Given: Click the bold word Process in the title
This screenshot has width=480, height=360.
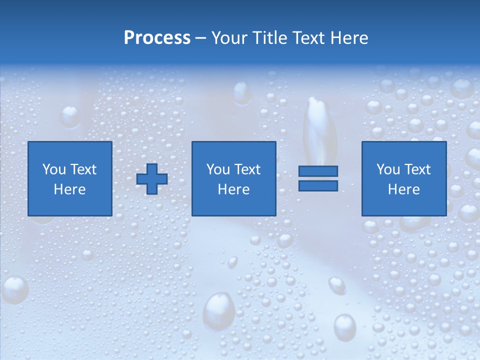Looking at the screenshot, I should click(x=157, y=38).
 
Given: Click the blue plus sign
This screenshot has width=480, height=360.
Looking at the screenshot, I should click(x=152, y=179).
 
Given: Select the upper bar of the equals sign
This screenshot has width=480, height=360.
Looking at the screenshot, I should click(x=318, y=171).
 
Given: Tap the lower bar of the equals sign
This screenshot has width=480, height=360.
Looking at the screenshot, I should click(x=318, y=185).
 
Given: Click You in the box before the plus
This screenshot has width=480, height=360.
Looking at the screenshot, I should click(x=53, y=169).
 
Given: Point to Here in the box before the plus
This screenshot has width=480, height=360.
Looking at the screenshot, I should click(x=70, y=189).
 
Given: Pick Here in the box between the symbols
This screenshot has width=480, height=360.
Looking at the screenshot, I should click(x=234, y=189).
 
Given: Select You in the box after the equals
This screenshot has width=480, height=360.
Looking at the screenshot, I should click(x=387, y=169).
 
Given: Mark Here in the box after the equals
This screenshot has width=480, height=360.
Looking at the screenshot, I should click(x=404, y=189).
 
